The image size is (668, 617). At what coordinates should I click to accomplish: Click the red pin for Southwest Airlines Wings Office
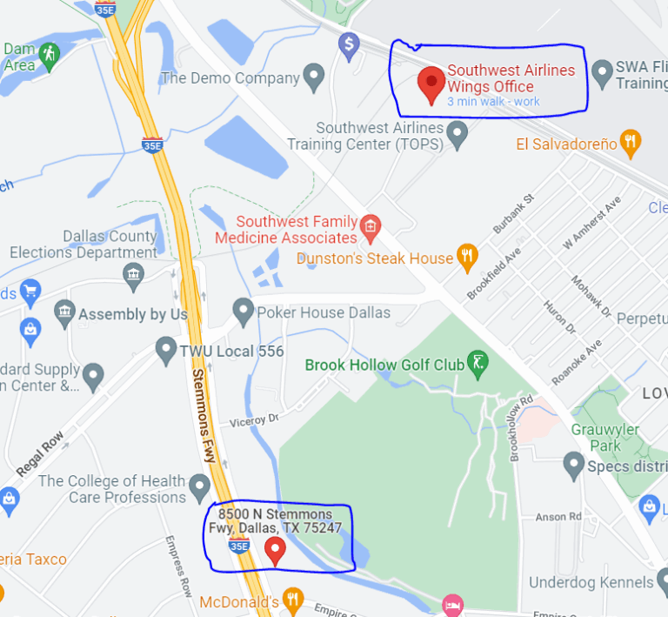(431, 84)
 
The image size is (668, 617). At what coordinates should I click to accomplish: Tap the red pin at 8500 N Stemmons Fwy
(275, 550)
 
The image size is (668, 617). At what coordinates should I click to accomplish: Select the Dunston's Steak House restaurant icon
(468, 256)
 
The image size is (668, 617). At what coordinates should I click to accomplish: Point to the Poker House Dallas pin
(244, 311)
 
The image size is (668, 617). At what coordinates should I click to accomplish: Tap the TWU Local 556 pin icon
(165, 351)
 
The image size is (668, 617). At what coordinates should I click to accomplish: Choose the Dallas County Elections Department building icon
(134, 276)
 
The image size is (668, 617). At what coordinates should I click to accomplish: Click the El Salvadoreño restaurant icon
(632, 142)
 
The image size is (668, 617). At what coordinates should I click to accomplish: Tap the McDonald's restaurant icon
(293, 600)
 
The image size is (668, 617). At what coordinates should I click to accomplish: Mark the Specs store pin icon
(573, 466)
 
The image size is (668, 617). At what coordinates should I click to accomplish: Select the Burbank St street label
(513, 213)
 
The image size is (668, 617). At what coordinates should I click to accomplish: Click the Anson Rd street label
(558, 517)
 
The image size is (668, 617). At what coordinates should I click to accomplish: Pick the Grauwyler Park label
(605, 438)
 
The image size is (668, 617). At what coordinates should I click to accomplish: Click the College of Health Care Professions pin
(201, 486)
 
